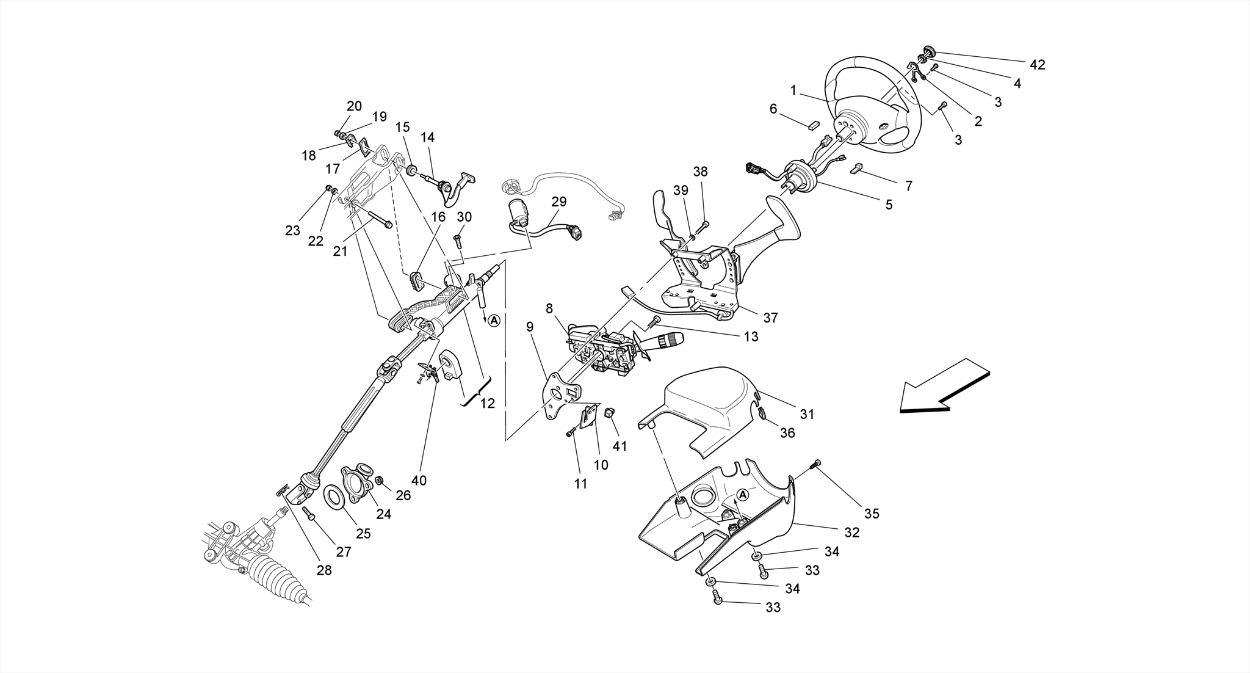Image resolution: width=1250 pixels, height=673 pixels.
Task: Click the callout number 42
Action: point(1037,65)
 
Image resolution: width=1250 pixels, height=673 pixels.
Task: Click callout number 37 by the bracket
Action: point(770,318)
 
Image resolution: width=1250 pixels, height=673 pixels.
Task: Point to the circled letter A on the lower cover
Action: point(742,494)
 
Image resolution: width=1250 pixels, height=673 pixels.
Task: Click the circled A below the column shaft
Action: point(494,320)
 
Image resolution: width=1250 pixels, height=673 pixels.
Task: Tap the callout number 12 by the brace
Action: point(487,404)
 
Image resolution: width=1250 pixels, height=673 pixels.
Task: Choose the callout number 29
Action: point(558,202)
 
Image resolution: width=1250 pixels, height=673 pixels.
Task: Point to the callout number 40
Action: point(419,481)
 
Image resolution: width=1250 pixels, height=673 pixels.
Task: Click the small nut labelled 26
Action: point(379,481)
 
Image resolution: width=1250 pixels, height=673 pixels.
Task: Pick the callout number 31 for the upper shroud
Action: point(807,414)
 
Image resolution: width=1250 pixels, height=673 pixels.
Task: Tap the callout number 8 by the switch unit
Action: point(549,308)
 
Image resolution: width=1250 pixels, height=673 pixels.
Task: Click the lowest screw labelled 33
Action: point(717,602)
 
